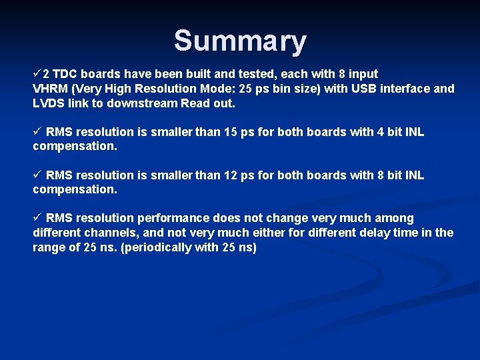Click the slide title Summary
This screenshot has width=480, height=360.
point(240,41)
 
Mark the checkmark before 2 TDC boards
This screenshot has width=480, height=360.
point(37,73)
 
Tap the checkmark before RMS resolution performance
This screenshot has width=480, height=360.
point(37,218)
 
